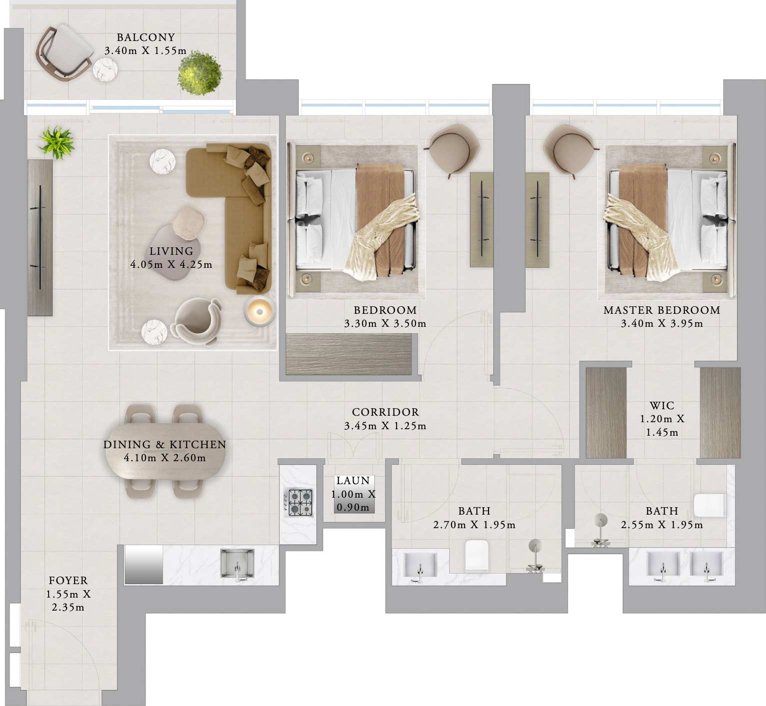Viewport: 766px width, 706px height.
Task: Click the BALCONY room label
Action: (x=145, y=37)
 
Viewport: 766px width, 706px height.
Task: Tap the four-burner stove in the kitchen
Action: (x=299, y=503)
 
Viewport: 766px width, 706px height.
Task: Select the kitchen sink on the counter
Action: (x=237, y=564)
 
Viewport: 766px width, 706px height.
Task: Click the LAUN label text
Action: (x=353, y=481)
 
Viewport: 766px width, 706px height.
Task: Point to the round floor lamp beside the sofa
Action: (x=259, y=312)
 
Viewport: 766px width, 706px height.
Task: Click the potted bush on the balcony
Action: (x=199, y=73)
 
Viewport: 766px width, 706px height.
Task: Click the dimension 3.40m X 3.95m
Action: (x=661, y=324)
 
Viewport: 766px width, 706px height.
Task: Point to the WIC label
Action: (x=662, y=405)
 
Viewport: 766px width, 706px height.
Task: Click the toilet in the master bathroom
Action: (x=709, y=506)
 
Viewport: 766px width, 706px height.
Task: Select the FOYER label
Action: (x=68, y=581)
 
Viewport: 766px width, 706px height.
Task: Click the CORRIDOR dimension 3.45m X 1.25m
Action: (x=385, y=426)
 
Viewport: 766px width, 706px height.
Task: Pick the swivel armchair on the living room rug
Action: (x=196, y=321)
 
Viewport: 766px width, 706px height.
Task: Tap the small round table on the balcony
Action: (x=105, y=70)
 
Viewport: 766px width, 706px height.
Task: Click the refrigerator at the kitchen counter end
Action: (x=144, y=564)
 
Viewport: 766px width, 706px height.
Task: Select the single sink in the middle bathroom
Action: (x=420, y=566)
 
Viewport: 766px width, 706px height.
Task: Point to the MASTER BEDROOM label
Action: (x=661, y=310)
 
